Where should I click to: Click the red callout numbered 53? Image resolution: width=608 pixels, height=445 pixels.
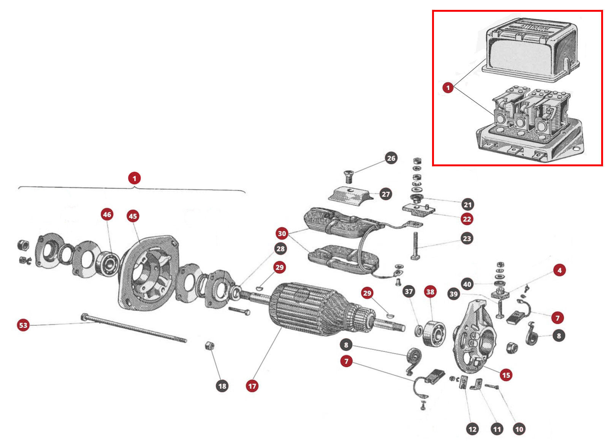(23, 325)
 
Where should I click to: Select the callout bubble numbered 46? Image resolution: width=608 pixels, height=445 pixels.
(107, 215)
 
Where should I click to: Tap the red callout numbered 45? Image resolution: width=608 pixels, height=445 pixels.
(133, 216)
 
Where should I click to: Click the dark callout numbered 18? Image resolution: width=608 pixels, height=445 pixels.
(222, 386)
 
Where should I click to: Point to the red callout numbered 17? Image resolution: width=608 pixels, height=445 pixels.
(252, 386)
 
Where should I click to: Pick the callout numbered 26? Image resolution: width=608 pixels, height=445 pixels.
(391, 158)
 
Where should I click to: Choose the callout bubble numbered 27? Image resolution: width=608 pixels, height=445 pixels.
(386, 194)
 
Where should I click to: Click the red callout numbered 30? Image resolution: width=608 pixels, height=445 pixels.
(282, 234)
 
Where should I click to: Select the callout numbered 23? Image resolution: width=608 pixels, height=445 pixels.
(467, 238)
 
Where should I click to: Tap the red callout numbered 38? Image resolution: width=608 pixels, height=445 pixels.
(430, 292)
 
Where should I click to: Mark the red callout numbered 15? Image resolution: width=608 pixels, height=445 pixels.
(506, 375)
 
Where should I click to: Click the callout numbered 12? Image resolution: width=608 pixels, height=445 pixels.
(472, 429)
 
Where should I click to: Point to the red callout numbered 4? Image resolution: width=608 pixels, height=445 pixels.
(559, 270)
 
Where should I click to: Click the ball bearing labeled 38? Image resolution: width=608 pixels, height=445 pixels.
(433, 333)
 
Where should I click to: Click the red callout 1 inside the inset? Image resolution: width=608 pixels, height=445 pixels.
(448, 88)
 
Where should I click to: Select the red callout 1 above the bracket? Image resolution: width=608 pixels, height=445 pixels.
(134, 178)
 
